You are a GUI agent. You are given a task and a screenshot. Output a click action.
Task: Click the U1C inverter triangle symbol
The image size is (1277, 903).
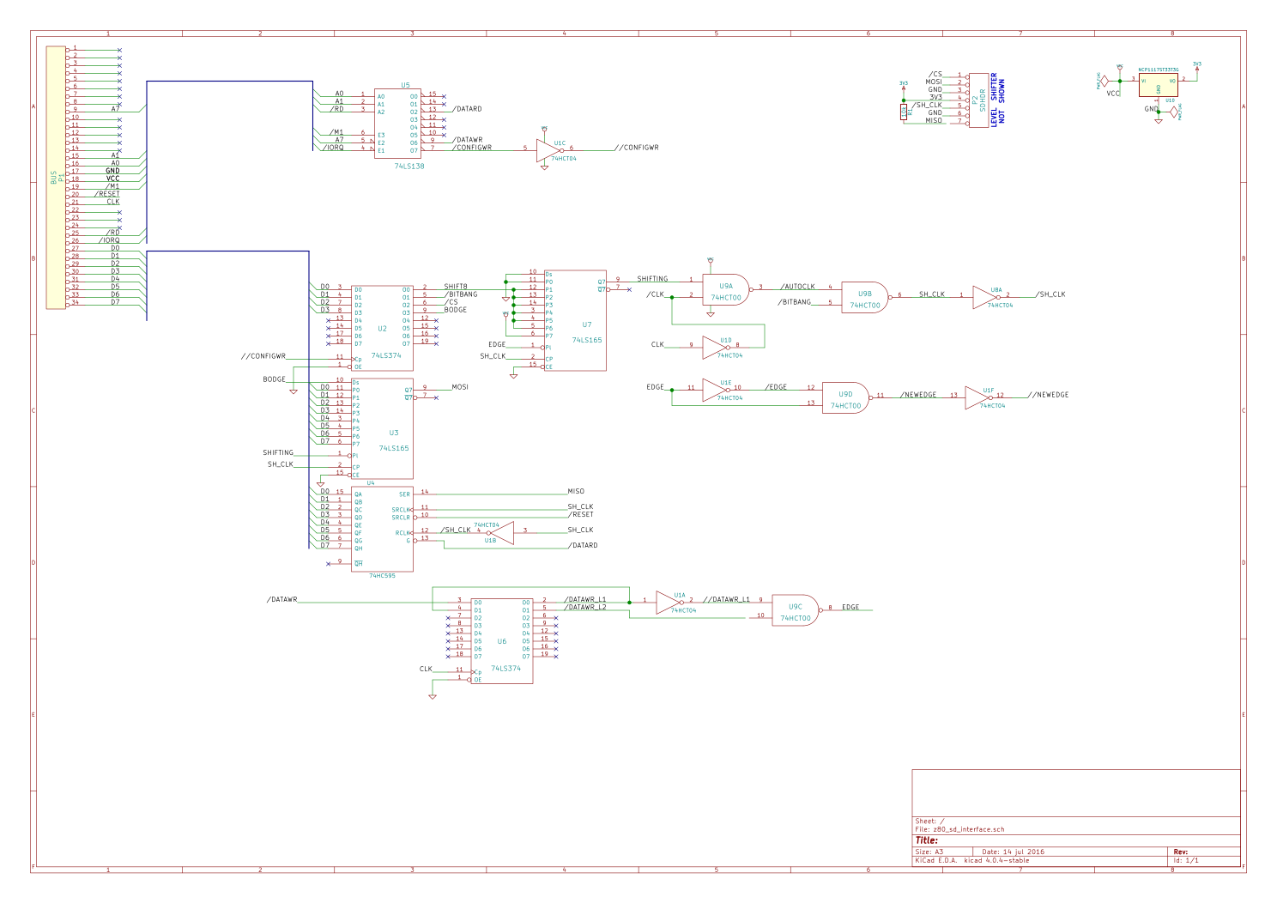tap(548, 151)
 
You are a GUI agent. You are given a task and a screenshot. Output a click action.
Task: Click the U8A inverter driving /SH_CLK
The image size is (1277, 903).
tap(985, 297)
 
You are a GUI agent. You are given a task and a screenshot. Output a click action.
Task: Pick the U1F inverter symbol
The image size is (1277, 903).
tap(978, 397)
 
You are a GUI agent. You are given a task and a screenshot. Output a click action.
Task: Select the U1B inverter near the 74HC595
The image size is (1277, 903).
tap(501, 532)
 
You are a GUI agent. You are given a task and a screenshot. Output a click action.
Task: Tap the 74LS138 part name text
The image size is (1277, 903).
tap(409, 166)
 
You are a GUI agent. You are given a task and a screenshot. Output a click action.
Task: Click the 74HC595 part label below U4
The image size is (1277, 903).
tap(382, 576)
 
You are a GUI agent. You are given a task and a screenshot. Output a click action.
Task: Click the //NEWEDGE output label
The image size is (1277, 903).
tap(1048, 395)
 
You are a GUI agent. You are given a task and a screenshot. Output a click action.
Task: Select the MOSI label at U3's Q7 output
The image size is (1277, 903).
tap(460, 387)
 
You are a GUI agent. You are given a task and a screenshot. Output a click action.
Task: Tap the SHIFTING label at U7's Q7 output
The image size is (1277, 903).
tap(652, 279)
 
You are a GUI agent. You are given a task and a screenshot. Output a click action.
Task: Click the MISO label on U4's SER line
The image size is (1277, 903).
tap(576, 492)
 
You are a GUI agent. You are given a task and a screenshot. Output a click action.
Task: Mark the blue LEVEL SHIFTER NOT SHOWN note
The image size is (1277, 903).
tap(998, 100)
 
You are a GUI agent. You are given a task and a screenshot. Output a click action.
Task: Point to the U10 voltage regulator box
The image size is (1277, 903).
tap(1158, 85)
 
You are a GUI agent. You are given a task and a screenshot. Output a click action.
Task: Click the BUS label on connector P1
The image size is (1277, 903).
tap(53, 178)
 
